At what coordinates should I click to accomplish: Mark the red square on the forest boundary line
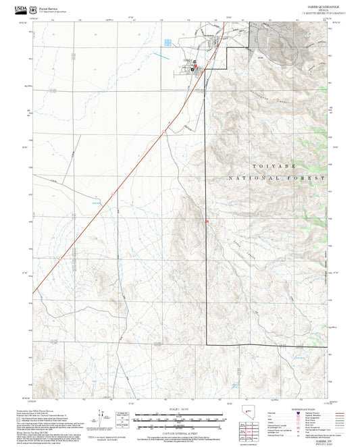click(206, 221)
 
